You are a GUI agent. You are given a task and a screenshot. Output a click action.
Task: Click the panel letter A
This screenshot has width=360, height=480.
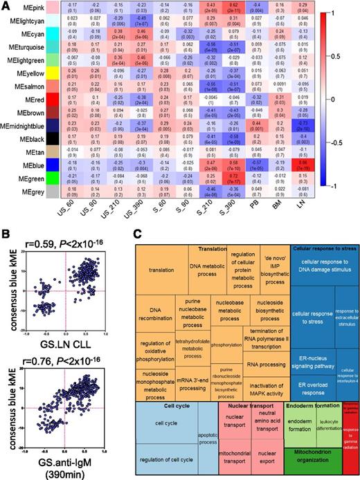[6, 6]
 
